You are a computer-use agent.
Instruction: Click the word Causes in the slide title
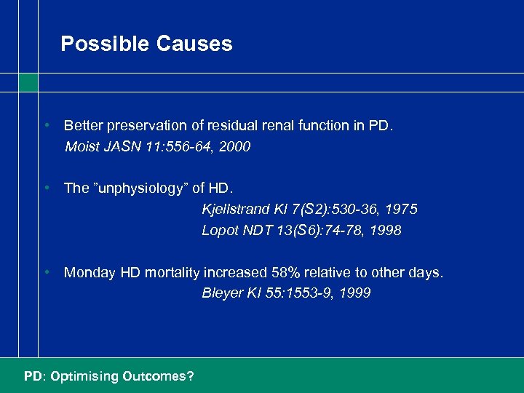(194, 44)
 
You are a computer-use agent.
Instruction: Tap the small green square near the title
(28, 83)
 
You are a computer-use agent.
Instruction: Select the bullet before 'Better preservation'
(46, 125)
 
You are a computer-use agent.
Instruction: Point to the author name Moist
(82, 147)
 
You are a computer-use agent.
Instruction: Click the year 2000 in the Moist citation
(235, 147)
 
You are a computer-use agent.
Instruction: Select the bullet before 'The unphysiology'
(46, 188)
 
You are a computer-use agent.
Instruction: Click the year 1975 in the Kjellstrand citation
(402, 210)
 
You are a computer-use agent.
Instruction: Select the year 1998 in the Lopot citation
(385, 231)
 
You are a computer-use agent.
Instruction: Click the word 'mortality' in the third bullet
(172, 273)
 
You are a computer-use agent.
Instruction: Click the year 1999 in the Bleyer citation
(354, 293)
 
